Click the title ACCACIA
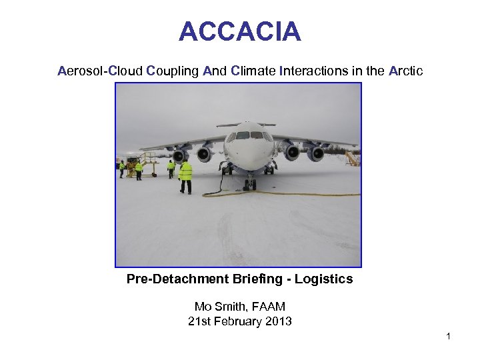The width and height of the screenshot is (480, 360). coord(239,31)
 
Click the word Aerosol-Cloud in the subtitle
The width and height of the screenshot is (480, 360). coord(100,71)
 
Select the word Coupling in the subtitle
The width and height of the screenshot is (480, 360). coord(172,71)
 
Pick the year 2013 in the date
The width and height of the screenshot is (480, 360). coord(278,321)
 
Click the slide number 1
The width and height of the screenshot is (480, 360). coord(449,336)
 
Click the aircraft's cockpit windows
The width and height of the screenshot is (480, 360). coord(249,136)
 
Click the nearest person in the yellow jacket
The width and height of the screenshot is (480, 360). coord(185,175)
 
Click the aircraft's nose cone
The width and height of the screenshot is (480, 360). coord(249,153)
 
